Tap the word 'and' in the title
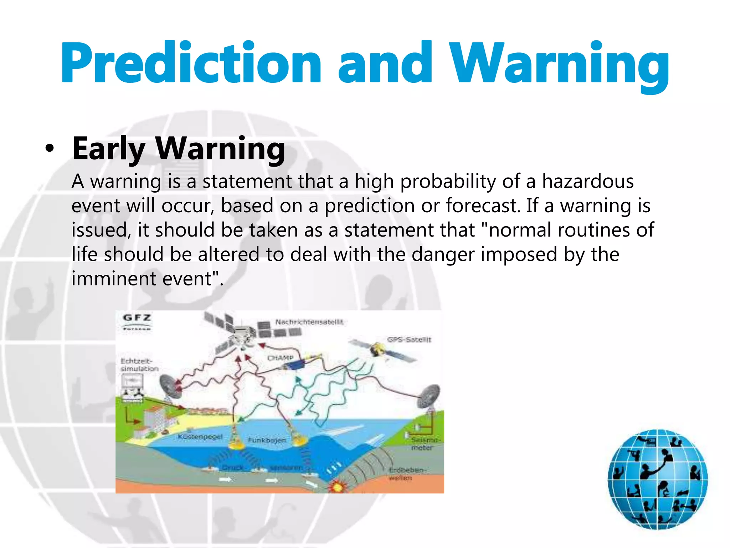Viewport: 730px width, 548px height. tap(385, 63)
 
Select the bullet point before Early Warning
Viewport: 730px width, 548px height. tap(50, 148)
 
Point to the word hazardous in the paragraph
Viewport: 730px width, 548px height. tap(588, 182)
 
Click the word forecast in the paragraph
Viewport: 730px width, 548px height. tap(483, 206)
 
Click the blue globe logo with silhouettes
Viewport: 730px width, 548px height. tap(658, 479)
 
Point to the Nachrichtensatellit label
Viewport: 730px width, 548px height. tap(309, 322)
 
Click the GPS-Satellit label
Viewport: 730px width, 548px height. tap(409, 340)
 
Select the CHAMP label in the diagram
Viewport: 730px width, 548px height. tap(281, 358)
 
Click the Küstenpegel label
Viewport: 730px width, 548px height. tap(200, 437)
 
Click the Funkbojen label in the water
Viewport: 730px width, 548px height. tap(267, 440)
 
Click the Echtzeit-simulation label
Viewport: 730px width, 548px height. tap(139, 365)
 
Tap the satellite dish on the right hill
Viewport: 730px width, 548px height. tap(428, 396)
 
